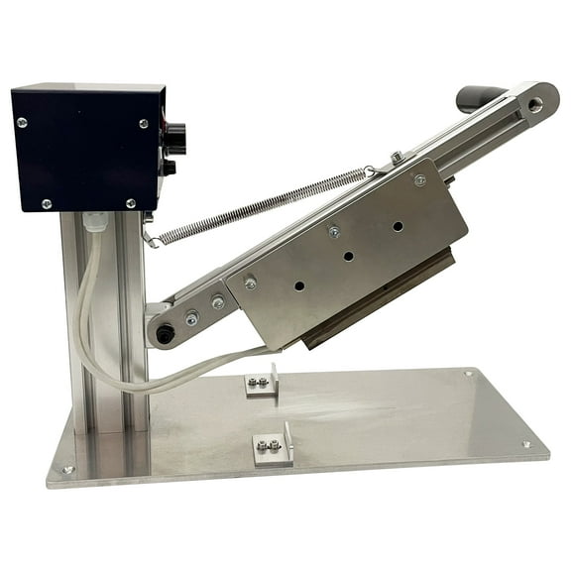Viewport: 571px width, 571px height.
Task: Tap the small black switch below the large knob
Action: [x=170, y=168]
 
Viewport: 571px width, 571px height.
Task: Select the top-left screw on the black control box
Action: [x=22, y=122]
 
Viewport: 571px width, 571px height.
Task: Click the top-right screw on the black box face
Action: [x=144, y=123]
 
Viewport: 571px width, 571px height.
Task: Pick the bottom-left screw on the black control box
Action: [x=46, y=204]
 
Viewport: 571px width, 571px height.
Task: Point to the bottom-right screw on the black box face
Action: [x=131, y=203]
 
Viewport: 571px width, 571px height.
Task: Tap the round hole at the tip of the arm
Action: [x=535, y=103]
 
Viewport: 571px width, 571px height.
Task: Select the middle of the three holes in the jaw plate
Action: [x=348, y=256]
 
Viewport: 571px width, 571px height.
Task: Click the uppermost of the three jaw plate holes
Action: [x=398, y=226]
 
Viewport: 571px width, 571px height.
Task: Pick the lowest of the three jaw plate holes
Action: [x=298, y=285]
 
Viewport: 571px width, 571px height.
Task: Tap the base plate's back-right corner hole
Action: [x=468, y=374]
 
